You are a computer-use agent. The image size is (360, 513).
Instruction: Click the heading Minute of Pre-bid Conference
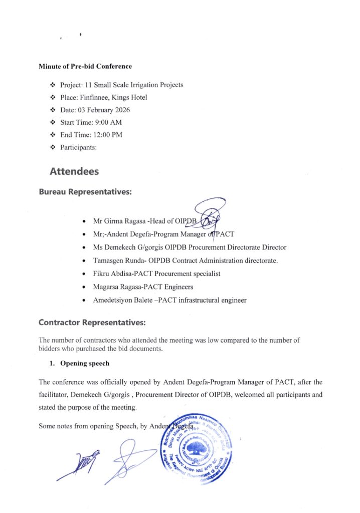(85, 66)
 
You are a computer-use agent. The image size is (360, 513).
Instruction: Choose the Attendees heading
(74, 171)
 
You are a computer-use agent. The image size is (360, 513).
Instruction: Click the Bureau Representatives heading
(85, 192)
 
